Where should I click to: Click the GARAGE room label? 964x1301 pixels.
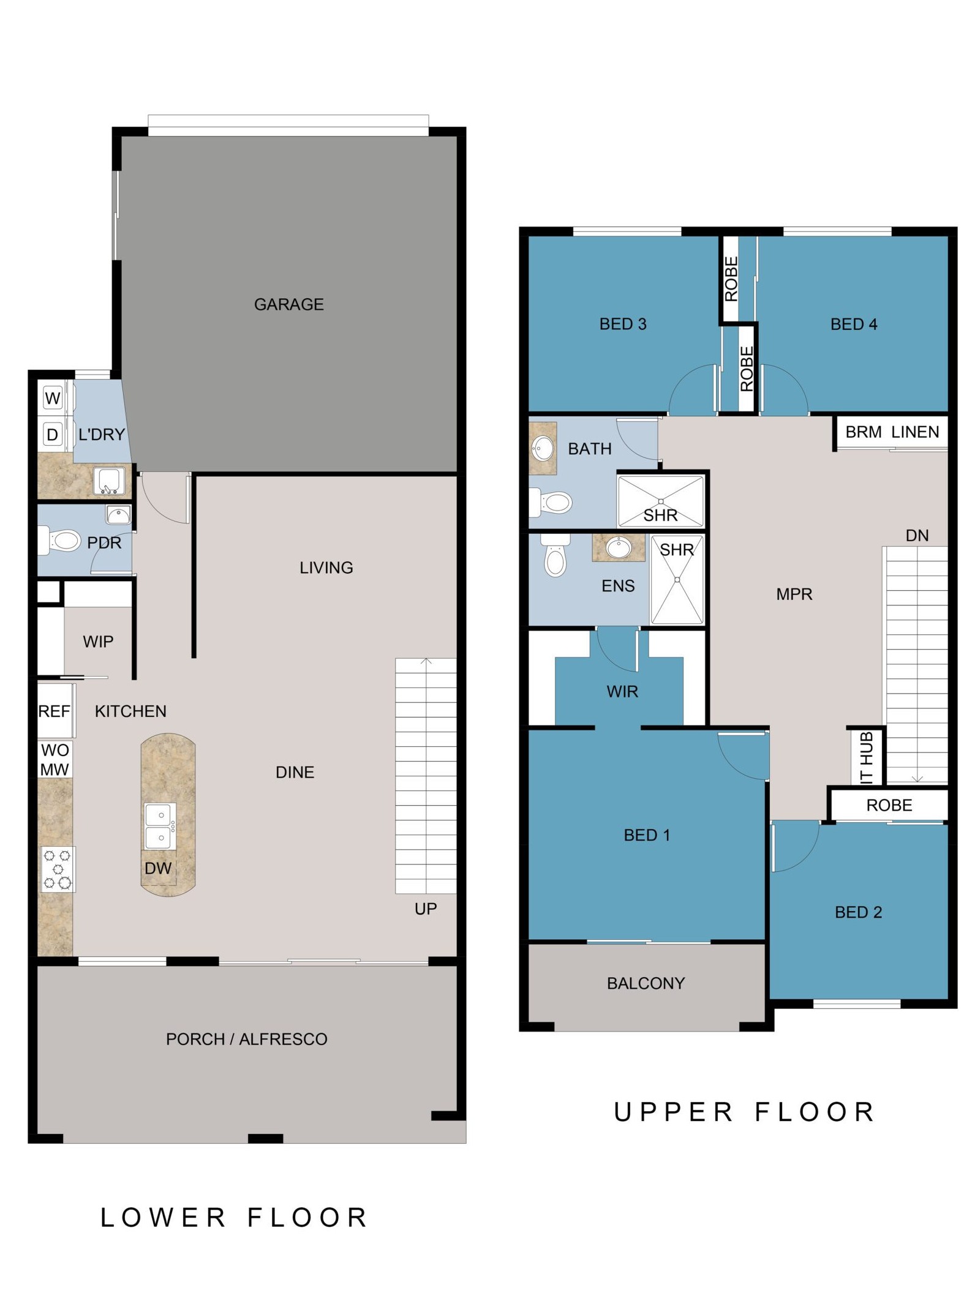(x=288, y=304)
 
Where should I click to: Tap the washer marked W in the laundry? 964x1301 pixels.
(x=53, y=399)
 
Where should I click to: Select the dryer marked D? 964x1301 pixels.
(x=53, y=435)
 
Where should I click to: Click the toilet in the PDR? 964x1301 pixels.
(x=60, y=540)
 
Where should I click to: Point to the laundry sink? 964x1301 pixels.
(x=109, y=481)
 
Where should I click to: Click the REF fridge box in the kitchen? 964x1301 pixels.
(x=55, y=711)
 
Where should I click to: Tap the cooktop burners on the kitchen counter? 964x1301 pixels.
(x=58, y=869)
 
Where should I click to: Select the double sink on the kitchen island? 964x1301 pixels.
(x=159, y=826)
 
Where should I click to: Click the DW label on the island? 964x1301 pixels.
(x=158, y=868)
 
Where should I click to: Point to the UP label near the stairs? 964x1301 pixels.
(x=426, y=909)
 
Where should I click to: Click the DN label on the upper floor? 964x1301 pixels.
(x=917, y=536)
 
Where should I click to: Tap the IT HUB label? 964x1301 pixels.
(x=867, y=757)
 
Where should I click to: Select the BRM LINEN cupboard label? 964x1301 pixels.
(x=892, y=432)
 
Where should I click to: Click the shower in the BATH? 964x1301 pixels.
(x=661, y=501)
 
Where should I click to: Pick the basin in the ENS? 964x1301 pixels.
(x=619, y=547)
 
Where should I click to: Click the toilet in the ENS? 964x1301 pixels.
(x=555, y=555)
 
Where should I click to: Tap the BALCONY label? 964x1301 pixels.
(x=646, y=983)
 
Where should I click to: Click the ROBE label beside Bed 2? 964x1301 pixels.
(x=889, y=805)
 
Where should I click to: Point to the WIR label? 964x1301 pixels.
(x=622, y=692)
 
